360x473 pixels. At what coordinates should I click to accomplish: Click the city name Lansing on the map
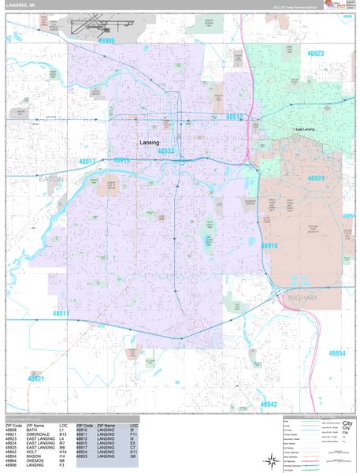(x=150, y=143)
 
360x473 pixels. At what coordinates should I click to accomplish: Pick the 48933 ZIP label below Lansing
(x=167, y=151)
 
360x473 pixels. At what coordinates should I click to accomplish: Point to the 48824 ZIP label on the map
(x=315, y=179)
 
